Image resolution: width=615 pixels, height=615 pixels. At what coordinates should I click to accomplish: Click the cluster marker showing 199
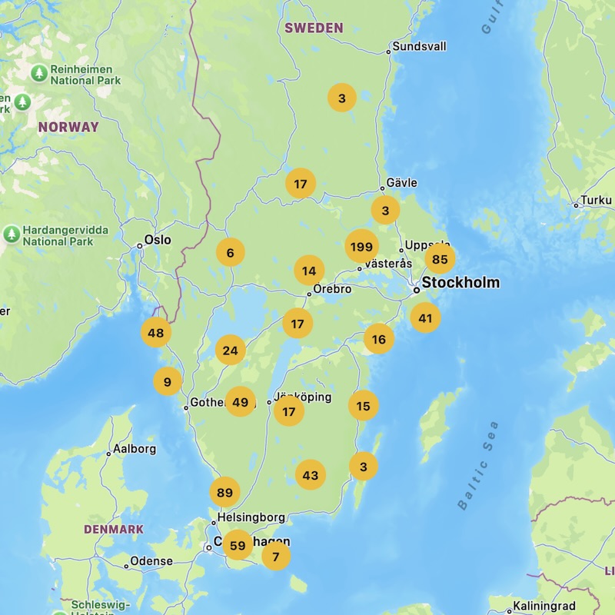[x=361, y=247]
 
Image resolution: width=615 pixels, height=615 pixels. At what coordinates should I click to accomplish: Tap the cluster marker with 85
[x=440, y=259]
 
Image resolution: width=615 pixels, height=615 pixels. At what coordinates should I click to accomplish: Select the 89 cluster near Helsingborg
[x=224, y=492]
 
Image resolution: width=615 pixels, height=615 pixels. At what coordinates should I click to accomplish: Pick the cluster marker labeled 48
[x=156, y=333]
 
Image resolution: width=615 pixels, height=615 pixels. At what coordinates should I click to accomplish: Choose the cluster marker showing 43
[x=311, y=475]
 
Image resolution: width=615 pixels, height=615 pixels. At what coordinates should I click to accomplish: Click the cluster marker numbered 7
[x=276, y=556]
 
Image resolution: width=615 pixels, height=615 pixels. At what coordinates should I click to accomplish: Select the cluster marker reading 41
[x=425, y=317]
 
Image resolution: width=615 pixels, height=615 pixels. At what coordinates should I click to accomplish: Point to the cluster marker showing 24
[x=230, y=351]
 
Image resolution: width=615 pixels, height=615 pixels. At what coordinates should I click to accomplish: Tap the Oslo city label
[x=157, y=240]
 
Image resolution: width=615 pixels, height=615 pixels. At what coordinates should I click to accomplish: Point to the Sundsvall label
[x=419, y=46]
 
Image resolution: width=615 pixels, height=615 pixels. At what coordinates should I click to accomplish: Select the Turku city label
[x=597, y=200]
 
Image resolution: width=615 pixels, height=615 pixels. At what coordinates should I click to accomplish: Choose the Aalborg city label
[x=135, y=449]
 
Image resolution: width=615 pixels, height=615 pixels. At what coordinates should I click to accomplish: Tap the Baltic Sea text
[x=478, y=466]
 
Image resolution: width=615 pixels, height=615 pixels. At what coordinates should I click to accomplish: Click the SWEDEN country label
[x=314, y=28]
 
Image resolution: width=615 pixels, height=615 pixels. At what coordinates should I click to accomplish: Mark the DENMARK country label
[x=114, y=529]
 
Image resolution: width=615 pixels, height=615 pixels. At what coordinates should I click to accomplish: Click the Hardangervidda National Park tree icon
[x=12, y=234]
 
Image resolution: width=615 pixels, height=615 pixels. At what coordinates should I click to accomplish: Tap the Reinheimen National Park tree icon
[x=39, y=73]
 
